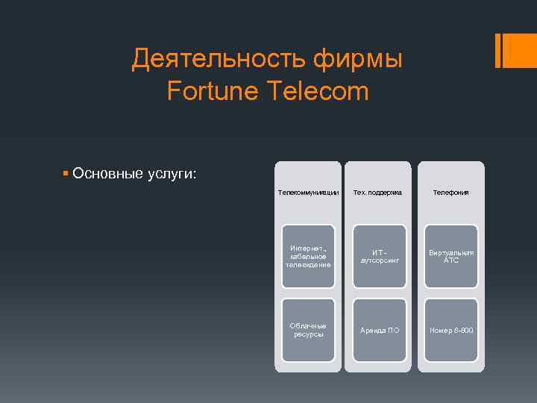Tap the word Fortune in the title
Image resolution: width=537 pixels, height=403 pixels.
click(211, 92)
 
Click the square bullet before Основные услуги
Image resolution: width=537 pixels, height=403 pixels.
click(66, 173)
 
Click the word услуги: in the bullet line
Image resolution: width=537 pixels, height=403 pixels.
click(171, 174)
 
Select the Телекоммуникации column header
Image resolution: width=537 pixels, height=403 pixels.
click(308, 193)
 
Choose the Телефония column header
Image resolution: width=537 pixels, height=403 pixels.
click(451, 193)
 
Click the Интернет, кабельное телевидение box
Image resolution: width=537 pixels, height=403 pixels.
click(308, 256)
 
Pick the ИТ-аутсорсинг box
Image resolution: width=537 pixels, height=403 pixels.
click(380, 256)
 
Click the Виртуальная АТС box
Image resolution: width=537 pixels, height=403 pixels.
click(451, 256)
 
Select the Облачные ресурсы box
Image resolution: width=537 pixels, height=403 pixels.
click(308, 330)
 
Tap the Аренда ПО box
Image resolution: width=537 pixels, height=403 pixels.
click(380, 330)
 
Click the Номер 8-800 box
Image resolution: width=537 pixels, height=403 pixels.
click(451, 330)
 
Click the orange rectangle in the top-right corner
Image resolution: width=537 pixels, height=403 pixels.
click(516, 49)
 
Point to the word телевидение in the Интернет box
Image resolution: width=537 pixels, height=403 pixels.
click(308, 265)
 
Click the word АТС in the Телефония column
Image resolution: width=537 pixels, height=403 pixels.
click(451, 261)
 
